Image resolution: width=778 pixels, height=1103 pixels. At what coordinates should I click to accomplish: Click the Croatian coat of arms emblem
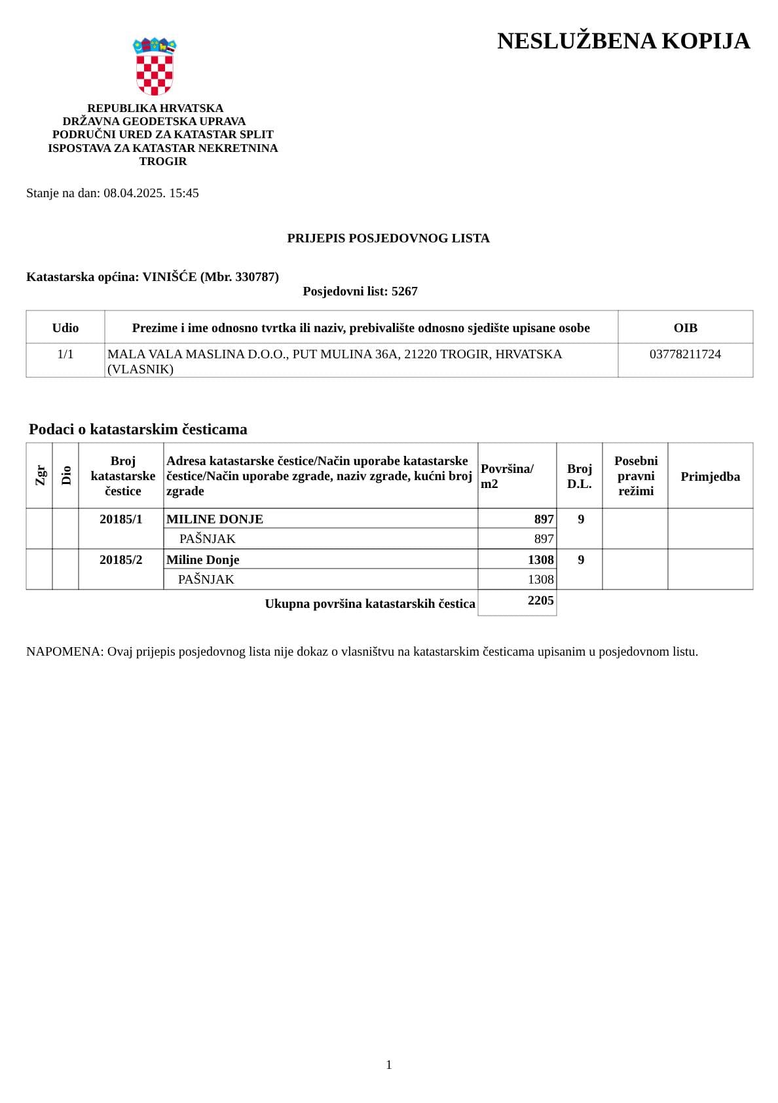click(x=155, y=67)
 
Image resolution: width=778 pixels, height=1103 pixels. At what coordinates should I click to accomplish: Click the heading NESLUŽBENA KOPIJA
click(x=623, y=41)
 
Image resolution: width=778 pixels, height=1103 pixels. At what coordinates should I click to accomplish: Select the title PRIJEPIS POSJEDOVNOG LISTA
click(x=388, y=238)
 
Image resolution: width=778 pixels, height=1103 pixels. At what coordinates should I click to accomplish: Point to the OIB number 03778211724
click(x=685, y=354)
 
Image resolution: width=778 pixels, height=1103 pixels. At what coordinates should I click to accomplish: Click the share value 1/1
click(x=65, y=354)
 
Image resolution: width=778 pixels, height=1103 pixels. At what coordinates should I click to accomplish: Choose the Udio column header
click(x=65, y=327)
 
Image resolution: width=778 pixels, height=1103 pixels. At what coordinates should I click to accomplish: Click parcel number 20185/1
click(x=121, y=519)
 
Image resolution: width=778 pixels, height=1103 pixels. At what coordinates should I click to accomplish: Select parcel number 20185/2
click(x=121, y=560)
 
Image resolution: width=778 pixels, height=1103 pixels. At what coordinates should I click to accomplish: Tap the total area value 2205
click(x=540, y=601)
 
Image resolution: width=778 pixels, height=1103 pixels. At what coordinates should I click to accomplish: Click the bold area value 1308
click(x=540, y=560)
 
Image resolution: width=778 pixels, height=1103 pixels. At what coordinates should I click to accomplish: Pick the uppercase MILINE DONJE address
click(x=215, y=519)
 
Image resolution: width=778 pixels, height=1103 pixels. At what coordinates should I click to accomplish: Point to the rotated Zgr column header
click(x=40, y=475)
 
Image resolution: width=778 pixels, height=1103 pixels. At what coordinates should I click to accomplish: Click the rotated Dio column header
click(x=66, y=475)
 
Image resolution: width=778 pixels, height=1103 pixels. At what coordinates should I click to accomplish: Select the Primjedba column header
click(x=710, y=476)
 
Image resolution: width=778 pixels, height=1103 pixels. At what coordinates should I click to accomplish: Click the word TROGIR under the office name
click(x=163, y=161)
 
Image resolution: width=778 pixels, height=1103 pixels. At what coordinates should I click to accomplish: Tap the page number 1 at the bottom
click(x=389, y=1064)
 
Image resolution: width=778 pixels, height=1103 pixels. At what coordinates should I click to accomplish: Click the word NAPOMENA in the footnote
click(x=64, y=652)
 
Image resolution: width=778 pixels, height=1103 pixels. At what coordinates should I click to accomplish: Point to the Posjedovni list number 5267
click(x=404, y=291)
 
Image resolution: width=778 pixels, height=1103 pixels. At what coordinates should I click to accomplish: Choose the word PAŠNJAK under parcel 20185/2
click(x=206, y=580)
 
